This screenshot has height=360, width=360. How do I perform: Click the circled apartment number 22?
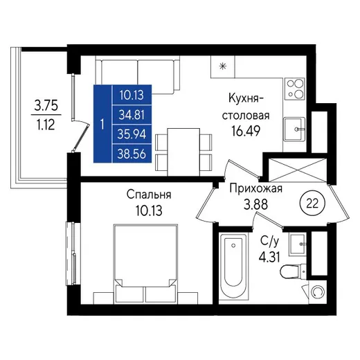[312, 204]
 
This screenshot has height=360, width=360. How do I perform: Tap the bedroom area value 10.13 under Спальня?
[149, 210]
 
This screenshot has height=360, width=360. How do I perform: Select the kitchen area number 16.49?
[246, 131]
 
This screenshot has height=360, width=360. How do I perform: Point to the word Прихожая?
[256, 189]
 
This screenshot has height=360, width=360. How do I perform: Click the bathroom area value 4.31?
[269, 257]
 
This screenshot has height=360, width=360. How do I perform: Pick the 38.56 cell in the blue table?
[132, 154]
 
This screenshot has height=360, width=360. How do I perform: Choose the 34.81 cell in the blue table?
[132, 115]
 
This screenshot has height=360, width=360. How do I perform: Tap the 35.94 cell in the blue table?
[132, 134]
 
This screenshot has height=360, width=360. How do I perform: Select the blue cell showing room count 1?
[102, 124]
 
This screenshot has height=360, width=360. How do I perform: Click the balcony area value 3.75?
[46, 105]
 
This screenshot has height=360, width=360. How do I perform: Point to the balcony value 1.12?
[46, 125]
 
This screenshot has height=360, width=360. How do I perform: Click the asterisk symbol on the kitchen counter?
[223, 66]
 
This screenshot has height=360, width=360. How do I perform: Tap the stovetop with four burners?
[295, 89]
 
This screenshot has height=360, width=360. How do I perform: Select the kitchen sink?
[294, 129]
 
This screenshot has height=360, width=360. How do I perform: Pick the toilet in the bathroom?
[293, 271]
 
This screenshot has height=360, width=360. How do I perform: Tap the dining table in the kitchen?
[183, 152]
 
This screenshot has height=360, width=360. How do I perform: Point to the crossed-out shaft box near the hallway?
[298, 170]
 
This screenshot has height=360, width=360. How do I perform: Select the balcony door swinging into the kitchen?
[81, 137]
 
